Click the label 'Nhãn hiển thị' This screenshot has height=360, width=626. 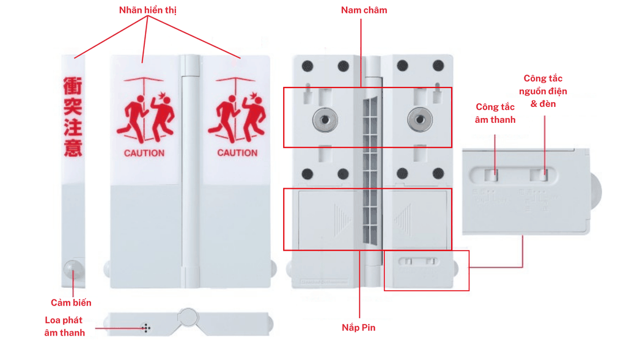tap(147, 10)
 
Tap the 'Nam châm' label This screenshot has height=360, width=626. tap(364, 10)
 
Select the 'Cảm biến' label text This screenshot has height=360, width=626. tap(71, 303)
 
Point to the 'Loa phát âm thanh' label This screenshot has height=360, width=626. tap(64, 326)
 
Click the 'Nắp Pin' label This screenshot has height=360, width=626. tap(359, 328)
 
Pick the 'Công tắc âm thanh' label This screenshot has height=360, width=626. tap(495, 113)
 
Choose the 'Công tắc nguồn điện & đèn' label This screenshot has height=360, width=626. tap(543, 91)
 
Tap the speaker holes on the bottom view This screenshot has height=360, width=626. tap(146, 328)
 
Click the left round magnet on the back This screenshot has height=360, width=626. tap(323, 120)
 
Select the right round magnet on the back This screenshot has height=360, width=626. tap(419, 120)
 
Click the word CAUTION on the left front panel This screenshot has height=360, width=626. tap(144, 153)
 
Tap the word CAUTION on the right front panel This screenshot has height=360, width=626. tap(237, 153)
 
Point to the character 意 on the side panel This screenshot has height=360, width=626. tap(73, 148)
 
